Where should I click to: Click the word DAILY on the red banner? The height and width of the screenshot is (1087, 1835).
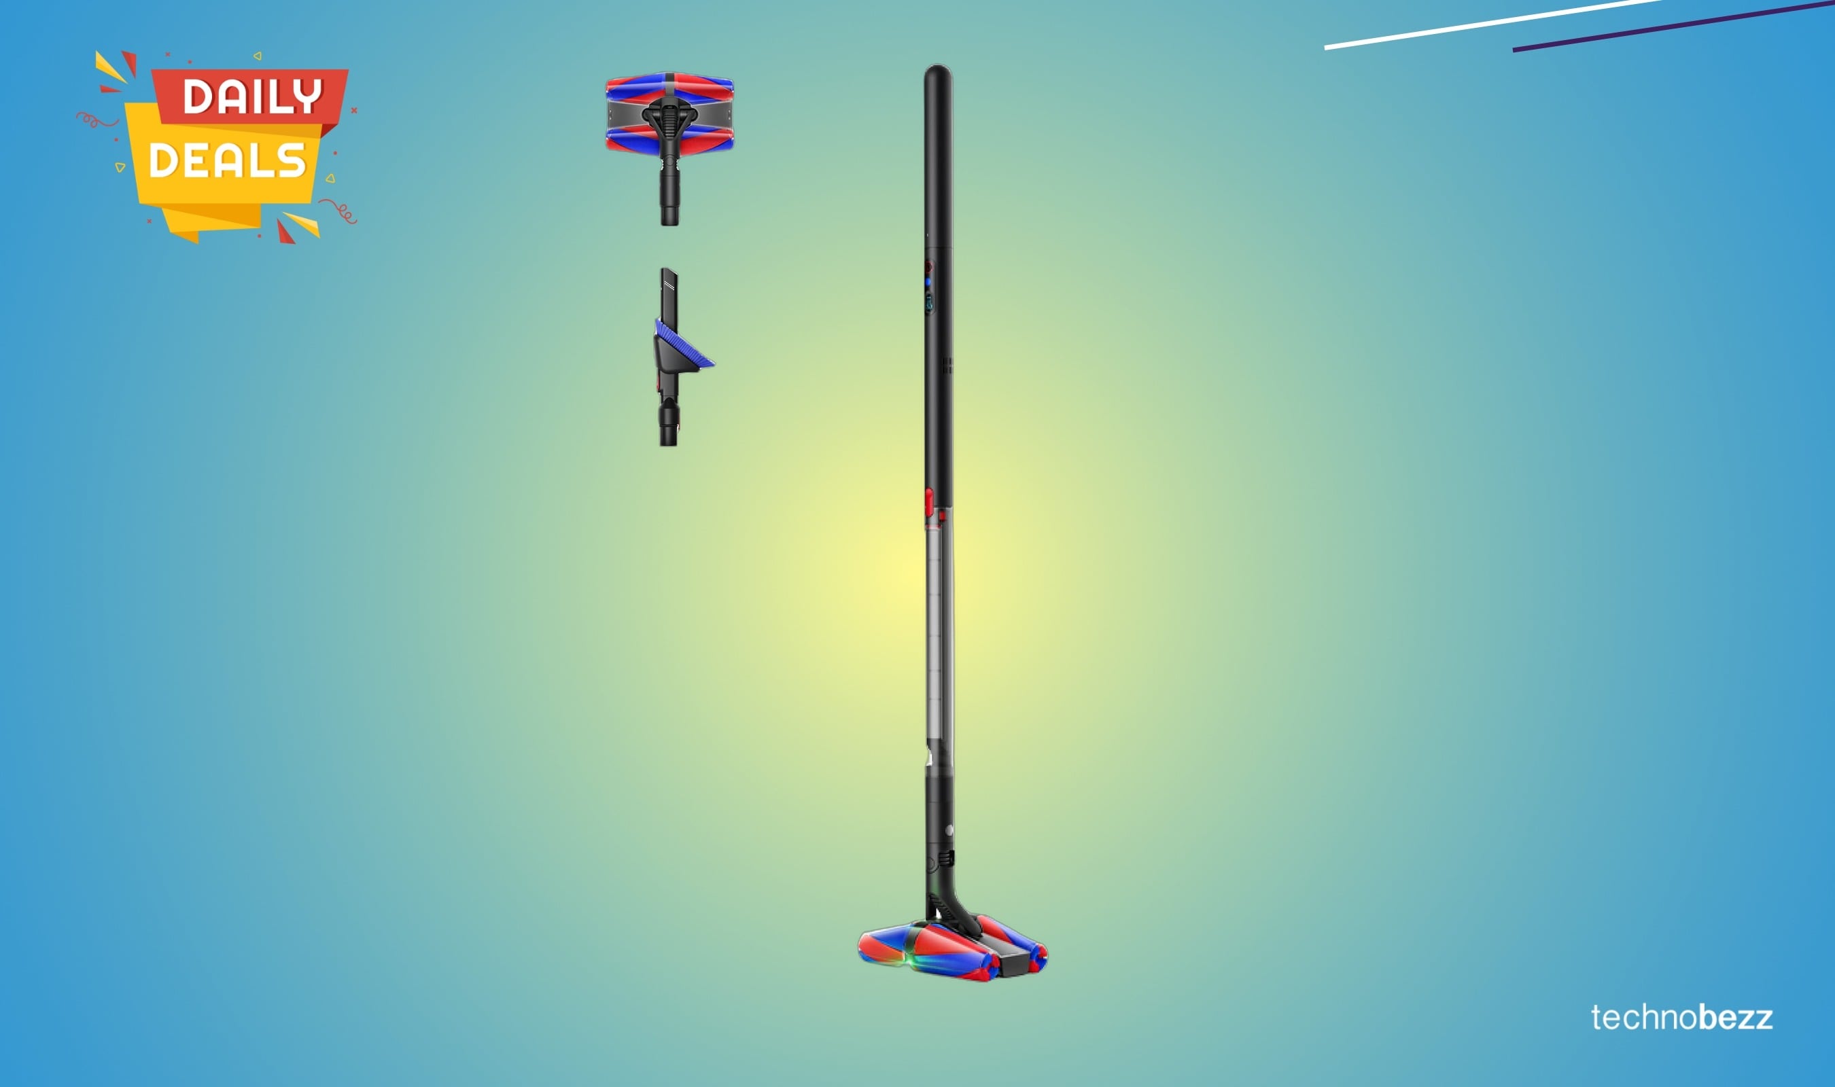[252, 96]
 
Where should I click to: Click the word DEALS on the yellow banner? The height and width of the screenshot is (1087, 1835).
[226, 160]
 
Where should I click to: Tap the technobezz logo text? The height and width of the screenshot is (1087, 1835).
[1681, 1018]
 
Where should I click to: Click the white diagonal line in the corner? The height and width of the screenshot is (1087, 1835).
[1487, 24]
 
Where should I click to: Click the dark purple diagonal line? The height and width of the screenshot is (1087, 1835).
[1670, 26]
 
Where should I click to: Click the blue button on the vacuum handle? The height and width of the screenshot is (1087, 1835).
[928, 281]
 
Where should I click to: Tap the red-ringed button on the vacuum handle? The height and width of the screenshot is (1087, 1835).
[928, 266]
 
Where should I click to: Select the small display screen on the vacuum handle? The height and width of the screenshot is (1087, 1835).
[930, 300]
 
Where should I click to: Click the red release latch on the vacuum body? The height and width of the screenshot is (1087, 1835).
[929, 502]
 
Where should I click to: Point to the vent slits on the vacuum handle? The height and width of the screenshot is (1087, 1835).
[947, 366]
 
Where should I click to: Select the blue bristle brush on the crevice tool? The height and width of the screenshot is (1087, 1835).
[685, 344]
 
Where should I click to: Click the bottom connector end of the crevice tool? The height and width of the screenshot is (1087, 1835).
[668, 432]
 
